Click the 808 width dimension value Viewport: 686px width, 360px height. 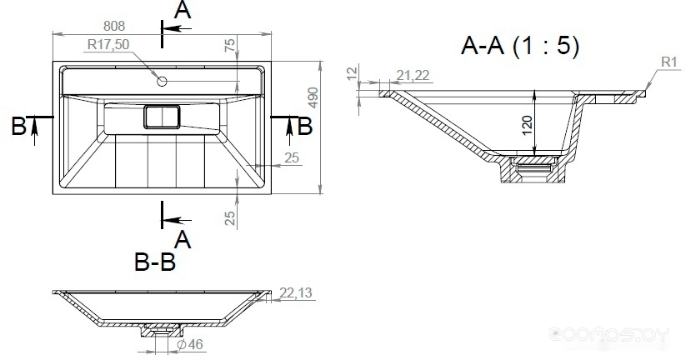click(x=114, y=26)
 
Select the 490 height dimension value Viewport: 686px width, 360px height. click(x=313, y=97)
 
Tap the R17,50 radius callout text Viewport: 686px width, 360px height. click(x=108, y=44)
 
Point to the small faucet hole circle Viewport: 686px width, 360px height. click(x=162, y=81)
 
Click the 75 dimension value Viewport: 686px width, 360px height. click(x=230, y=45)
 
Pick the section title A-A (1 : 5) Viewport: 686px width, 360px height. click(x=520, y=46)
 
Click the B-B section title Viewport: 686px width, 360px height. click(x=155, y=262)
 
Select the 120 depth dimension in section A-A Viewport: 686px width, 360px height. click(x=527, y=125)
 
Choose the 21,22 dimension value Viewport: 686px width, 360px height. click(x=413, y=75)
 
